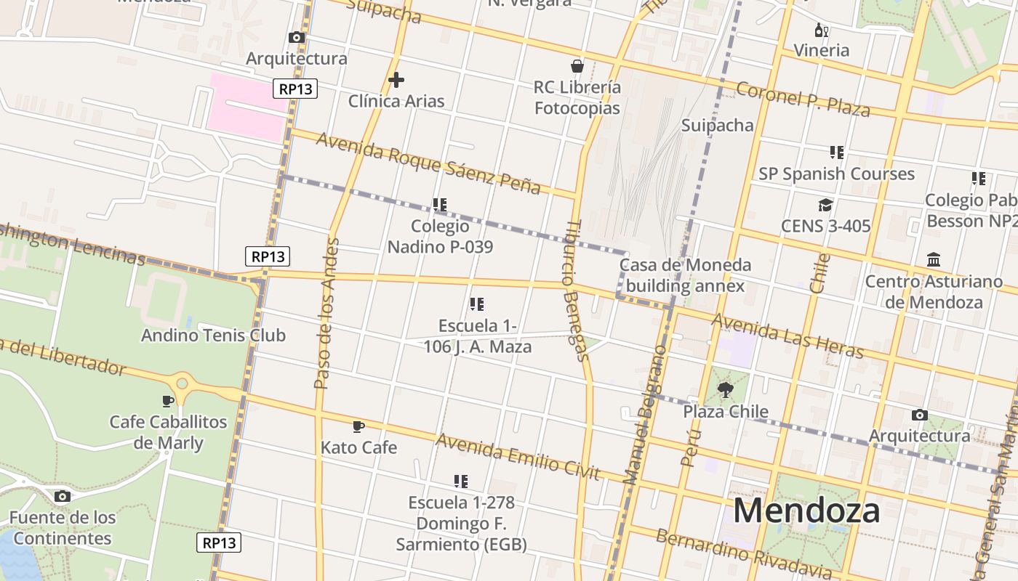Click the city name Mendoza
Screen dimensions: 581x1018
tap(806, 511)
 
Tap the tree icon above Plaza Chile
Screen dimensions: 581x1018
tap(725, 391)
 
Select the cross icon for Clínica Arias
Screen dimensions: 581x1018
tap(396, 79)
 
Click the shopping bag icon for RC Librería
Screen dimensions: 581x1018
tap(577, 66)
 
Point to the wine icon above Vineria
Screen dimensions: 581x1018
tap(821, 30)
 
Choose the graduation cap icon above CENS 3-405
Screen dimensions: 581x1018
tap(825, 205)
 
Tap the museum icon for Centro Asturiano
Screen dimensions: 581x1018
tap(934, 259)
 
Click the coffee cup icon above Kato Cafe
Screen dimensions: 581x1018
tap(358, 426)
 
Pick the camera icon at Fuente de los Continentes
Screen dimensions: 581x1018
tap(63, 496)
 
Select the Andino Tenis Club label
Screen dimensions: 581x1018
tap(213, 336)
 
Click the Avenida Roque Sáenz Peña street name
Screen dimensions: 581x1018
tap(428, 163)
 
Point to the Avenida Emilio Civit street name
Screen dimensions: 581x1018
tap(518, 457)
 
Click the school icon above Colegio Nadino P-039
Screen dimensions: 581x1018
tap(439, 205)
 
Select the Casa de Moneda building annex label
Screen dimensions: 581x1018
tap(685, 275)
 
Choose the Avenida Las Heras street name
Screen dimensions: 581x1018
tap(787, 336)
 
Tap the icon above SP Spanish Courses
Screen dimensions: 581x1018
tap(836, 153)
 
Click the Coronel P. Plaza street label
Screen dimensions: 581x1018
tap(803, 99)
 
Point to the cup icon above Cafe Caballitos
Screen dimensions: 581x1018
tap(168, 401)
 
